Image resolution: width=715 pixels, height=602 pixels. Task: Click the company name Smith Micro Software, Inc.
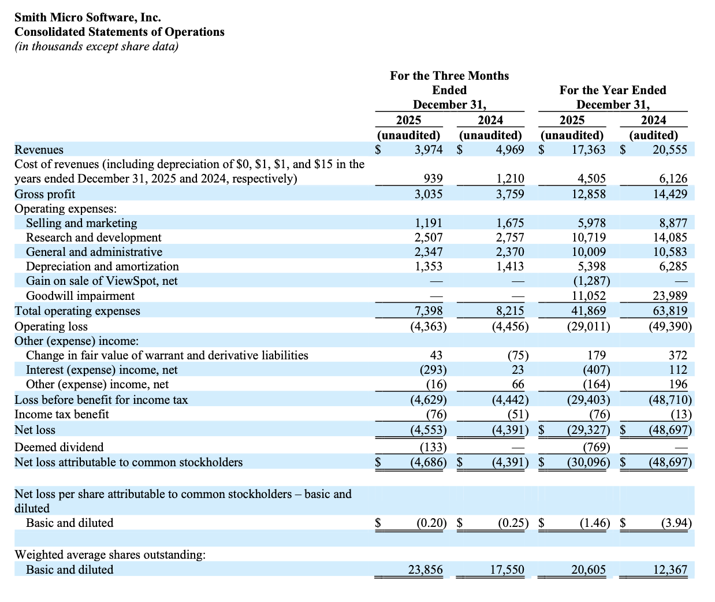tap(88, 17)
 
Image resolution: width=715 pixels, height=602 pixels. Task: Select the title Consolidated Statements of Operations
tap(120, 32)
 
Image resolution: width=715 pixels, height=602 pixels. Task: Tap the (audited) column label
tap(653, 135)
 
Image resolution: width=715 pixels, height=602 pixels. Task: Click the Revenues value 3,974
tap(429, 150)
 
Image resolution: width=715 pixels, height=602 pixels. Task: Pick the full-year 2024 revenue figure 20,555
tap(670, 150)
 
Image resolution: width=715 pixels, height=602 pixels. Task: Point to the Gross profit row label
tap(45, 194)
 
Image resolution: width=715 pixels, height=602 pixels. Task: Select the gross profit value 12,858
tap(589, 194)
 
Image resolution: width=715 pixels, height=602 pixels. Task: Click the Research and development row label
tap(94, 237)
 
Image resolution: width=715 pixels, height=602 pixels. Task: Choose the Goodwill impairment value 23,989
tap(670, 296)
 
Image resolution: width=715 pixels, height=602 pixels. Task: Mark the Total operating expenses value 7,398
tap(429, 311)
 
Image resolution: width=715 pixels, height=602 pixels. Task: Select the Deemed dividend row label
tap(59, 447)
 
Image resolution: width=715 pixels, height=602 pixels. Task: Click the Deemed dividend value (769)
tap(597, 447)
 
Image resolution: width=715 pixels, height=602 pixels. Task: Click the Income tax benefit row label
tap(62, 414)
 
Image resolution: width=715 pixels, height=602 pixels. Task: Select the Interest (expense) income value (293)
tap(433, 370)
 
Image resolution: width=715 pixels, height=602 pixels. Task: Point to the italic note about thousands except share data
tap(96, 46)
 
